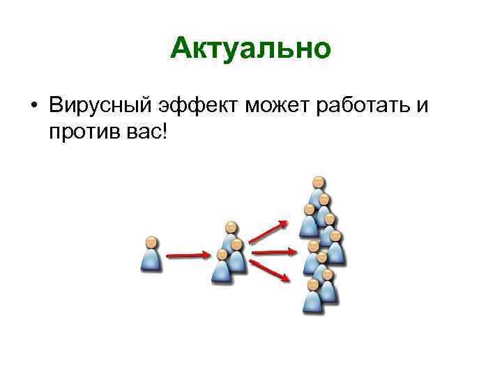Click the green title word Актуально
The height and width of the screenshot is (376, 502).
pyautogui.click(x=250, y=49)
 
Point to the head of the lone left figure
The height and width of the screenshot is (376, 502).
pyautogui.click(x=151, y=242)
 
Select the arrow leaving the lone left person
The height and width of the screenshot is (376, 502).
pyautogui.click(x=187, y=256)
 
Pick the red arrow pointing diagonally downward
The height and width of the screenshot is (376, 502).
pyautogui.click(x=270, y=270)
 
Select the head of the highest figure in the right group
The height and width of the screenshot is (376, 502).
pyautogui.click(x=318, y=183)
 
